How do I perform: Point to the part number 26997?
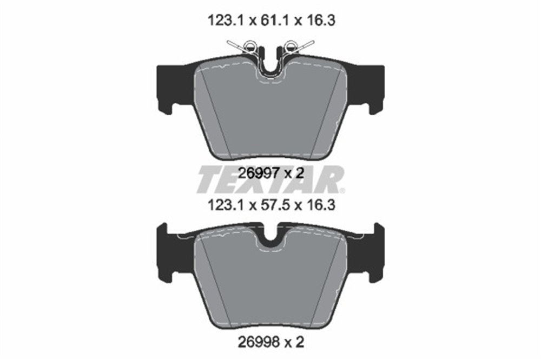tap(259, 174)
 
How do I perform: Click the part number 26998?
tap(259, 342)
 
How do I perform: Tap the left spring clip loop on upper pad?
tap(250, 46)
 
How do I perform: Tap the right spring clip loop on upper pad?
tap(291, 46)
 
